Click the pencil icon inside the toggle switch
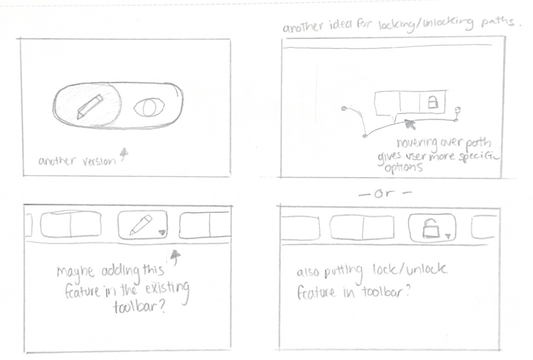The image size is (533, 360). pos(90,106)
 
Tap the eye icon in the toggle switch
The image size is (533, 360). pos(149,107)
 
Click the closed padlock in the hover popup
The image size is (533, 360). pos(432,101)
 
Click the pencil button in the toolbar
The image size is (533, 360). pos(142,224)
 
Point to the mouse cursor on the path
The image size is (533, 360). pos(410,124)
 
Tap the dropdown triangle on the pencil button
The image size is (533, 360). pos(162,232)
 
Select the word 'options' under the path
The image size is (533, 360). pos(404,168)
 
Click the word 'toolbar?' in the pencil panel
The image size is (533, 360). pos(139,307)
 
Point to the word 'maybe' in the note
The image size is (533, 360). pos(75,272)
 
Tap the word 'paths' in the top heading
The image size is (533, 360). pos(497,22)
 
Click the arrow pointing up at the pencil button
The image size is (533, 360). pos(175,257)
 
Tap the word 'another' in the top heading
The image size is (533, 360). pos(303,27)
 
